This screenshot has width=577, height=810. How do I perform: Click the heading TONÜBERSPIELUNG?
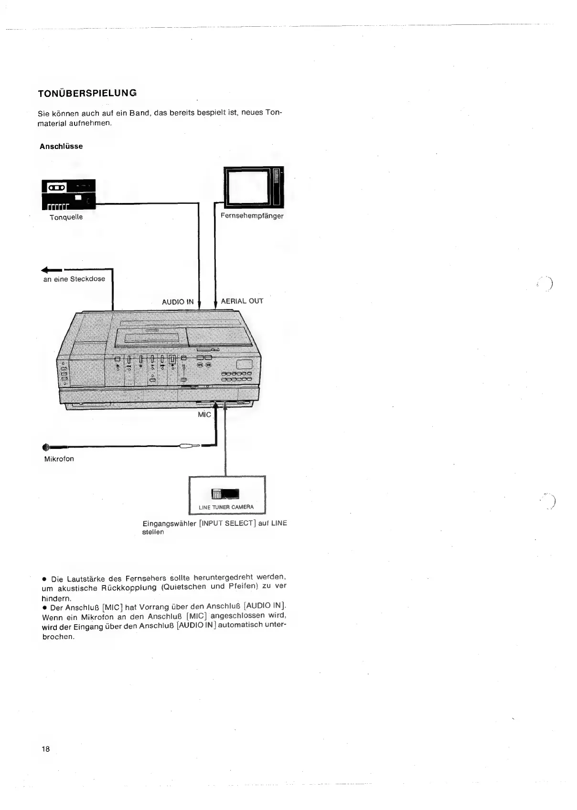pyautogui.click(x=87, y=93)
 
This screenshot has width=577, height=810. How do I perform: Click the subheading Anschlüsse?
pyautogui.click(x=61, y=146)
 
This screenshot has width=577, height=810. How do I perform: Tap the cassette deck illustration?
pyautogui.click(x=69, y=194)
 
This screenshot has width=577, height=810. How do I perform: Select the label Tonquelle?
pyautogui.click(x=66, y=217)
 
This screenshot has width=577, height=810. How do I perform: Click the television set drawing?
pyautogui.click(x=253, y=186)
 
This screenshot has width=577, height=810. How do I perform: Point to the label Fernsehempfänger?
pyautogui.click(x=252, y=216)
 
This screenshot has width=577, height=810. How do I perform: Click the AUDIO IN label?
pyautogui.click(x=178, y=302)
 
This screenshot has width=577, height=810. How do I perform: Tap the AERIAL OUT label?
pyautogui.click(x=242, y=301)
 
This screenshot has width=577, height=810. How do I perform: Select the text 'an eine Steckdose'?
pyautogui.click(x=74, y=279)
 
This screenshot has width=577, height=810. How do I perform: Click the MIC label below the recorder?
pyautogui.click(x=204, y=415)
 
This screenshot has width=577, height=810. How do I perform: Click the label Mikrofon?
pyautogui.click(x=59, y=459)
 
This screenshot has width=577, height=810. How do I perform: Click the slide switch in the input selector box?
pyautogui.click(x=225, y=494)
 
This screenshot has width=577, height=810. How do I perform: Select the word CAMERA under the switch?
pyautogui.click(x=244, y=507)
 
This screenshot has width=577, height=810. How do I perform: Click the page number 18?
pyautogui.click(x=46, y=748)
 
